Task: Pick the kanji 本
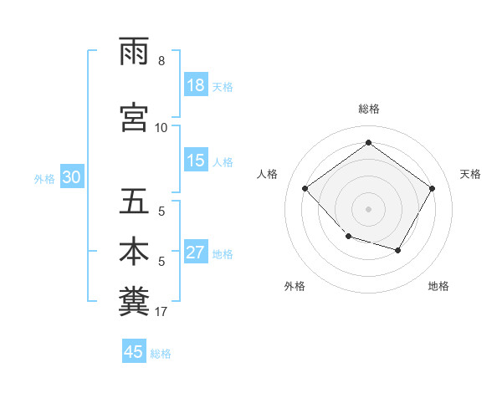134,252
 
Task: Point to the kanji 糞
134,301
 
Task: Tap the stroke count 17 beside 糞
161,312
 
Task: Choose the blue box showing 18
196,85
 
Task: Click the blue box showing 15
196,161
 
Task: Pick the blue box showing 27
196,253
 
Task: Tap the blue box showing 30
71,177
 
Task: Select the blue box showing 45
134,352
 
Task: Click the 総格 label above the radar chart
368,109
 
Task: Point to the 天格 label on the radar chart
470,174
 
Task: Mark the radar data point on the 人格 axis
305,188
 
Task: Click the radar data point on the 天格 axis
432,188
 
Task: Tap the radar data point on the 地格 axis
398,250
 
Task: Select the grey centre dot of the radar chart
368,208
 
